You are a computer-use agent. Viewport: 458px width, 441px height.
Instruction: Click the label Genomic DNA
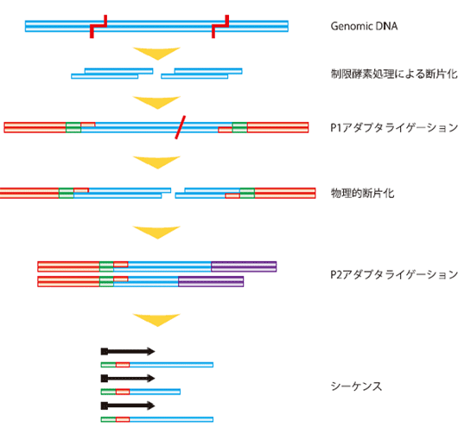(364, 26)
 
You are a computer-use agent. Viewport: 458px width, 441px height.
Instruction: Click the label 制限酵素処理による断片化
(394, 74)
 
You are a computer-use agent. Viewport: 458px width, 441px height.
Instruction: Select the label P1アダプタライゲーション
(394, 128)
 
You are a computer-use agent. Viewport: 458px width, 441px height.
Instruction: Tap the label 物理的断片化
(362, 193)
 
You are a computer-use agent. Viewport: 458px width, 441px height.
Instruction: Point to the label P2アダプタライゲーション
(394, 274)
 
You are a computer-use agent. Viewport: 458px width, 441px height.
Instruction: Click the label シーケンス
(356, 387)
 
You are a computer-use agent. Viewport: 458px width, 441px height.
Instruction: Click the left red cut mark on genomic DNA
(99, 26)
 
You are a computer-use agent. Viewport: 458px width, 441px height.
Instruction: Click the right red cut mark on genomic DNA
(220, 26)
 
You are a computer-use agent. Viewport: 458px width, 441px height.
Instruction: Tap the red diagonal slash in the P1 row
(181, 127)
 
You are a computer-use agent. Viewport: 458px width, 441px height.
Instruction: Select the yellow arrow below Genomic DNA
(157, 53)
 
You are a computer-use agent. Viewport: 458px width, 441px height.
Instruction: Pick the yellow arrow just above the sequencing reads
(157, 319)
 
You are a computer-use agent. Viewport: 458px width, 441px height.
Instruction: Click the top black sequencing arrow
(128, 351)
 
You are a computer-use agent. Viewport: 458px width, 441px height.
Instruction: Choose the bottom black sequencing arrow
(128, 406)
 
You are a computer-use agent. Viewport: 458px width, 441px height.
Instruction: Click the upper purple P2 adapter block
(244, 266)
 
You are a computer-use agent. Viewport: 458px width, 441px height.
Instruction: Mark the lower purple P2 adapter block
(211, 281)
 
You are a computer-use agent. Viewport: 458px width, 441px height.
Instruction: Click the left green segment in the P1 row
(73, 127)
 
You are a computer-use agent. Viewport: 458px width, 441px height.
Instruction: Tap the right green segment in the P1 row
(239, 127)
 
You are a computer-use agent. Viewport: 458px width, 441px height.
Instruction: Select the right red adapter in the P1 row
(277, 127)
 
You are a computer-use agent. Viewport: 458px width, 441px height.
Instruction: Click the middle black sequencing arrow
(128, 379)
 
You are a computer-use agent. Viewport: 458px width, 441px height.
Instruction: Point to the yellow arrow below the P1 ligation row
(157, 163)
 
